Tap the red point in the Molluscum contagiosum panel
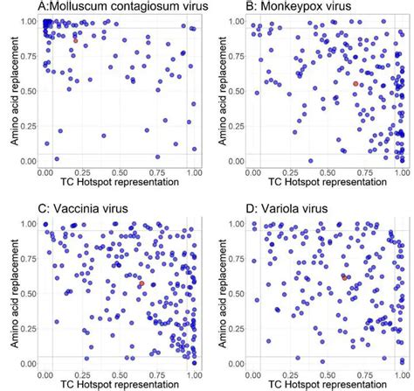pyautogui.click(x=75, y=40)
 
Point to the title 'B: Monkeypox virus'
pyautogui.click(x=286, y=7)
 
